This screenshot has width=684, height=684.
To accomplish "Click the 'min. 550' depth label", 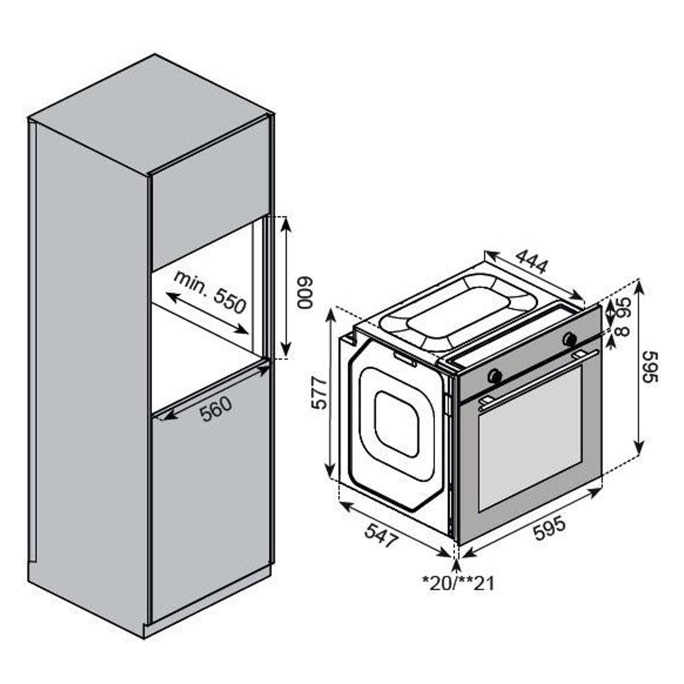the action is click(x=210, y=292).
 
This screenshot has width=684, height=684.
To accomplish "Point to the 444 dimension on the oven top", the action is click(x=532, y=261).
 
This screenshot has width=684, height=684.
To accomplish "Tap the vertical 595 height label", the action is click(x=650, y=367).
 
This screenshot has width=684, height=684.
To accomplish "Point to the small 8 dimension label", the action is click(x=623, y=330).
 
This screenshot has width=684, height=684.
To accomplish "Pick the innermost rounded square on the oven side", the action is click(x=397, y=424).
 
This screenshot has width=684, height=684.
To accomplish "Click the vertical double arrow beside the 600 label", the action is click(x=286, y=288).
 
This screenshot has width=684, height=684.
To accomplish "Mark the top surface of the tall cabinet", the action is click(x=151, y=114).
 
